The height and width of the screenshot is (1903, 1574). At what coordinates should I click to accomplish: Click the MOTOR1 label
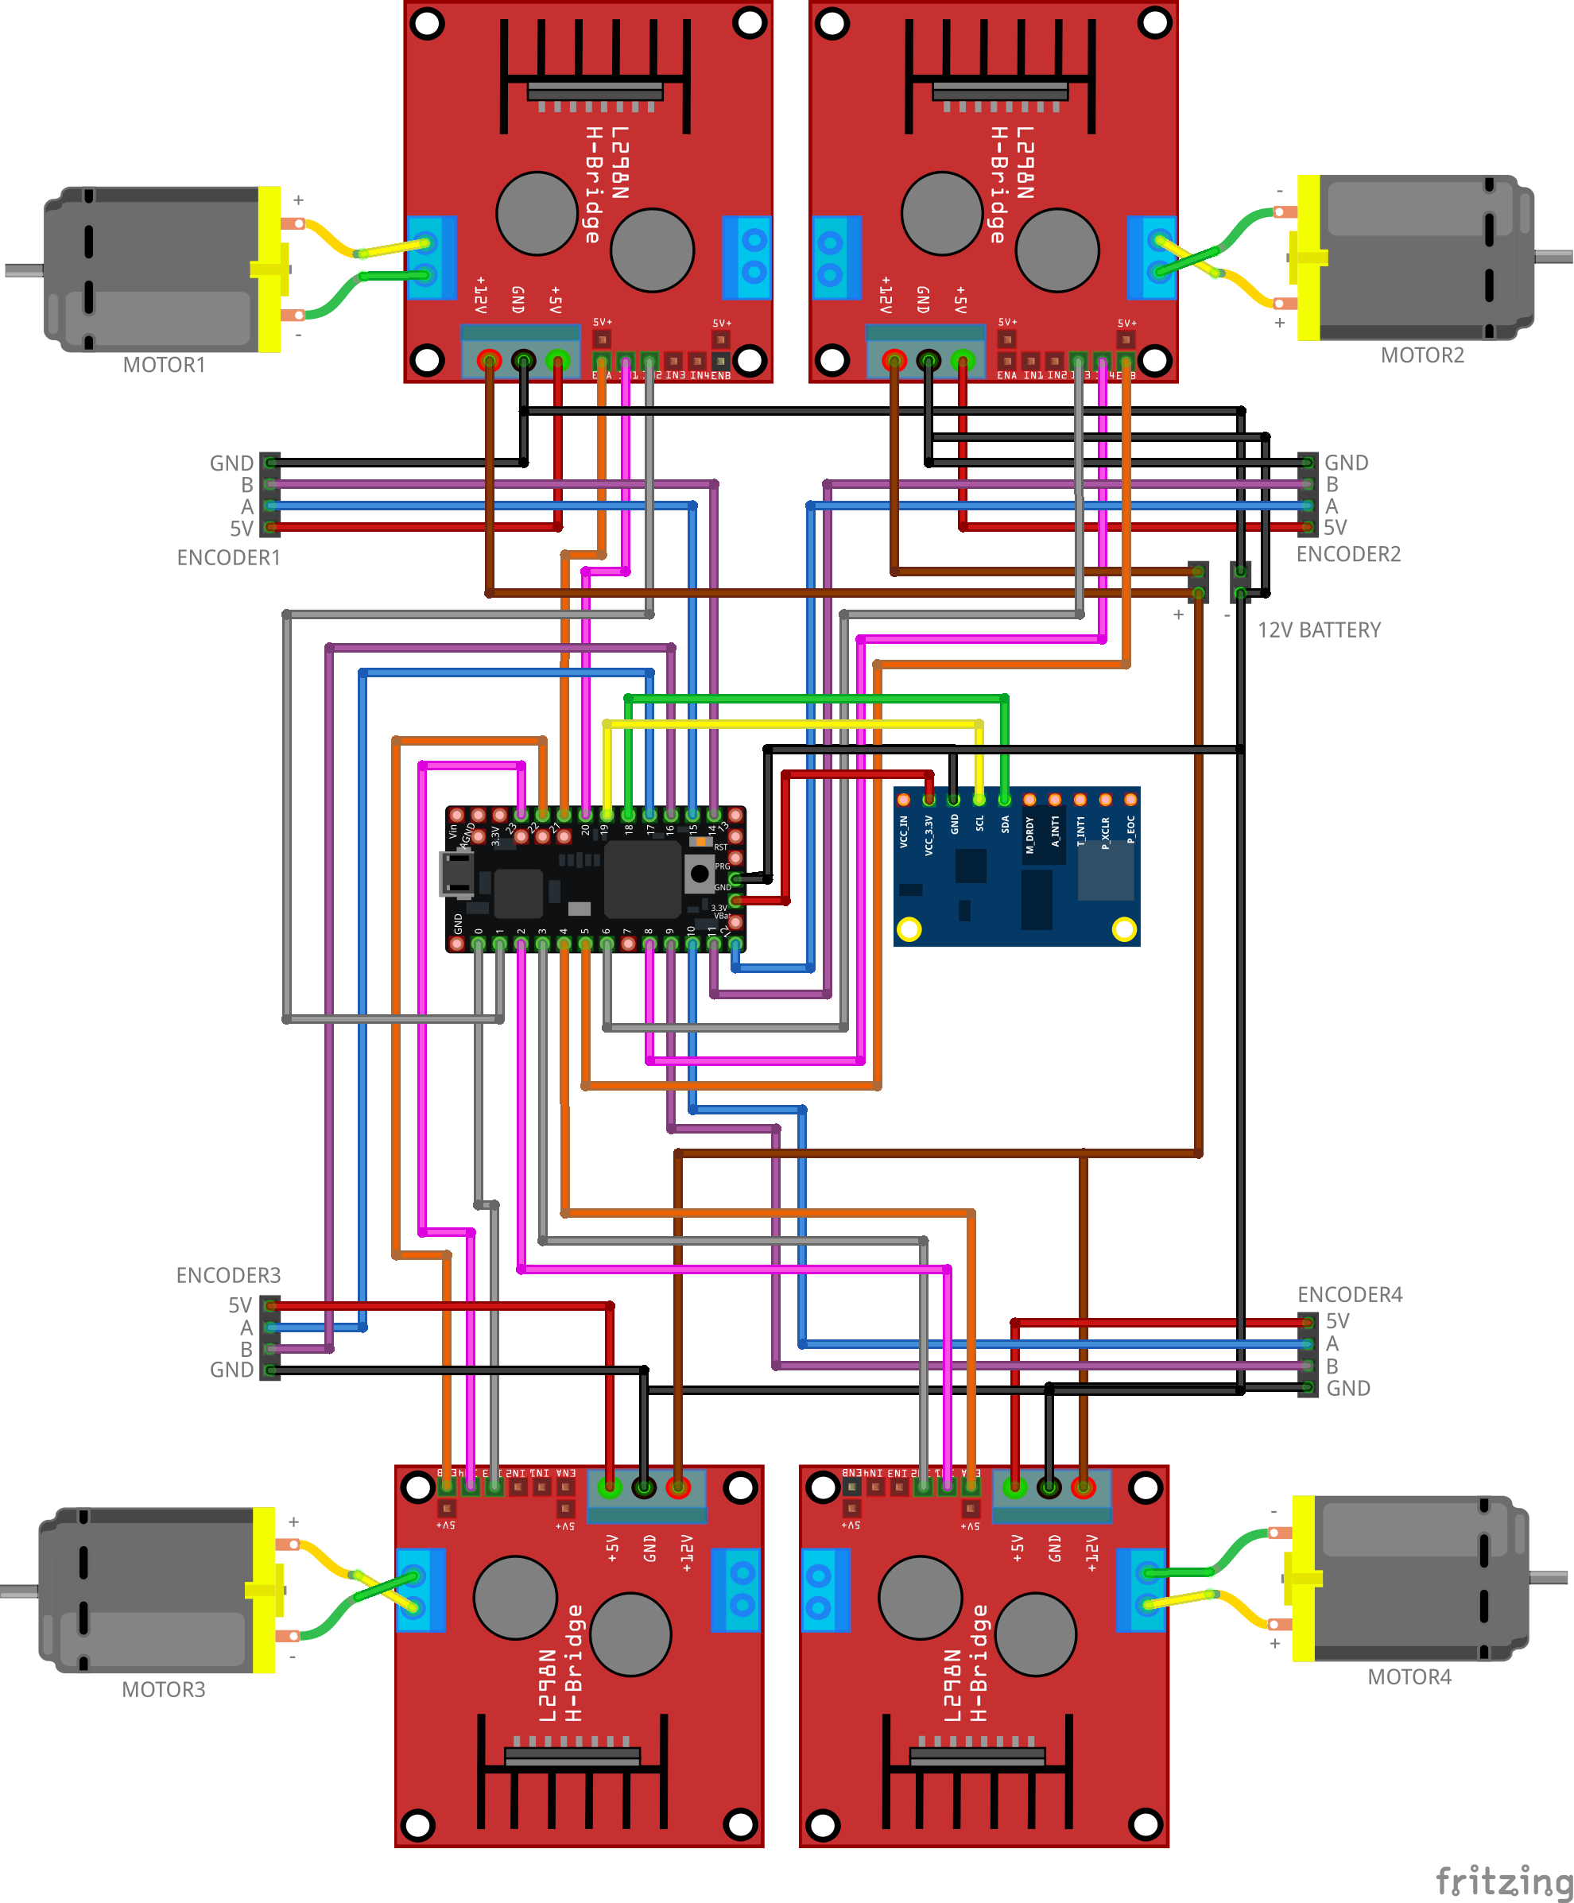coord(164,364)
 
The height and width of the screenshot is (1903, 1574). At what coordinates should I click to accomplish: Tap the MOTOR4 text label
coord(1409,1676)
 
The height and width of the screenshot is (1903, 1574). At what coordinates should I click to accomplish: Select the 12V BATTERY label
coord(1319,630)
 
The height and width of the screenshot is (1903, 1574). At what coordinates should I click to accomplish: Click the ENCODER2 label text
coord(1347,554)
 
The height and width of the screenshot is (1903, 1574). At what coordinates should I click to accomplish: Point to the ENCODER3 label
coord(228,1275)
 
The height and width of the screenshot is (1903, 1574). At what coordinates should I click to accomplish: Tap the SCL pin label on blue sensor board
coord(979,824)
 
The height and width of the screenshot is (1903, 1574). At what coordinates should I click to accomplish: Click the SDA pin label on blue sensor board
coord(1005,824)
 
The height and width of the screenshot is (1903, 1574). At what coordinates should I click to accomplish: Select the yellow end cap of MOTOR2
coord(1308,258)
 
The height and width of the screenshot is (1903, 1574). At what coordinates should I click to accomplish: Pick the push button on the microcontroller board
coord(699,874)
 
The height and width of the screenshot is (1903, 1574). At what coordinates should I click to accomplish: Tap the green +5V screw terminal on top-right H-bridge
coord(963,360)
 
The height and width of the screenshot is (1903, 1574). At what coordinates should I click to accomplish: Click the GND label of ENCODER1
coord(231,463)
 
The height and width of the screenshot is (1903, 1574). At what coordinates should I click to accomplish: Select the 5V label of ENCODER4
coord(1336,1321)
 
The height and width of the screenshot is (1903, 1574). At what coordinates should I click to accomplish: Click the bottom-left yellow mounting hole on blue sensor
coord(909,928)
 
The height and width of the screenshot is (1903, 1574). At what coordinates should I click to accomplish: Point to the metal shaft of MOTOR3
coord(18,1591)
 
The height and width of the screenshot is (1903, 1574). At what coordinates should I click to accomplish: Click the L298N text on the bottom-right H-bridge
coord(952,1685)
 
